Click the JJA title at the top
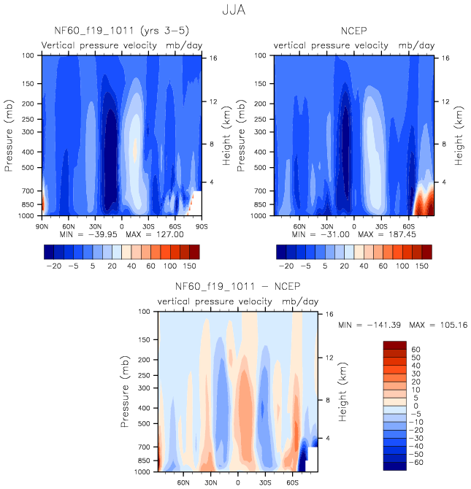click(235, 11)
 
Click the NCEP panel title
click(353, 31)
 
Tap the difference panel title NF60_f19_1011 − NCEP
click(237, 287)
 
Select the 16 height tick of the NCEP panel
click(445, 57)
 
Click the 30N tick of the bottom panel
click(210, 482)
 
